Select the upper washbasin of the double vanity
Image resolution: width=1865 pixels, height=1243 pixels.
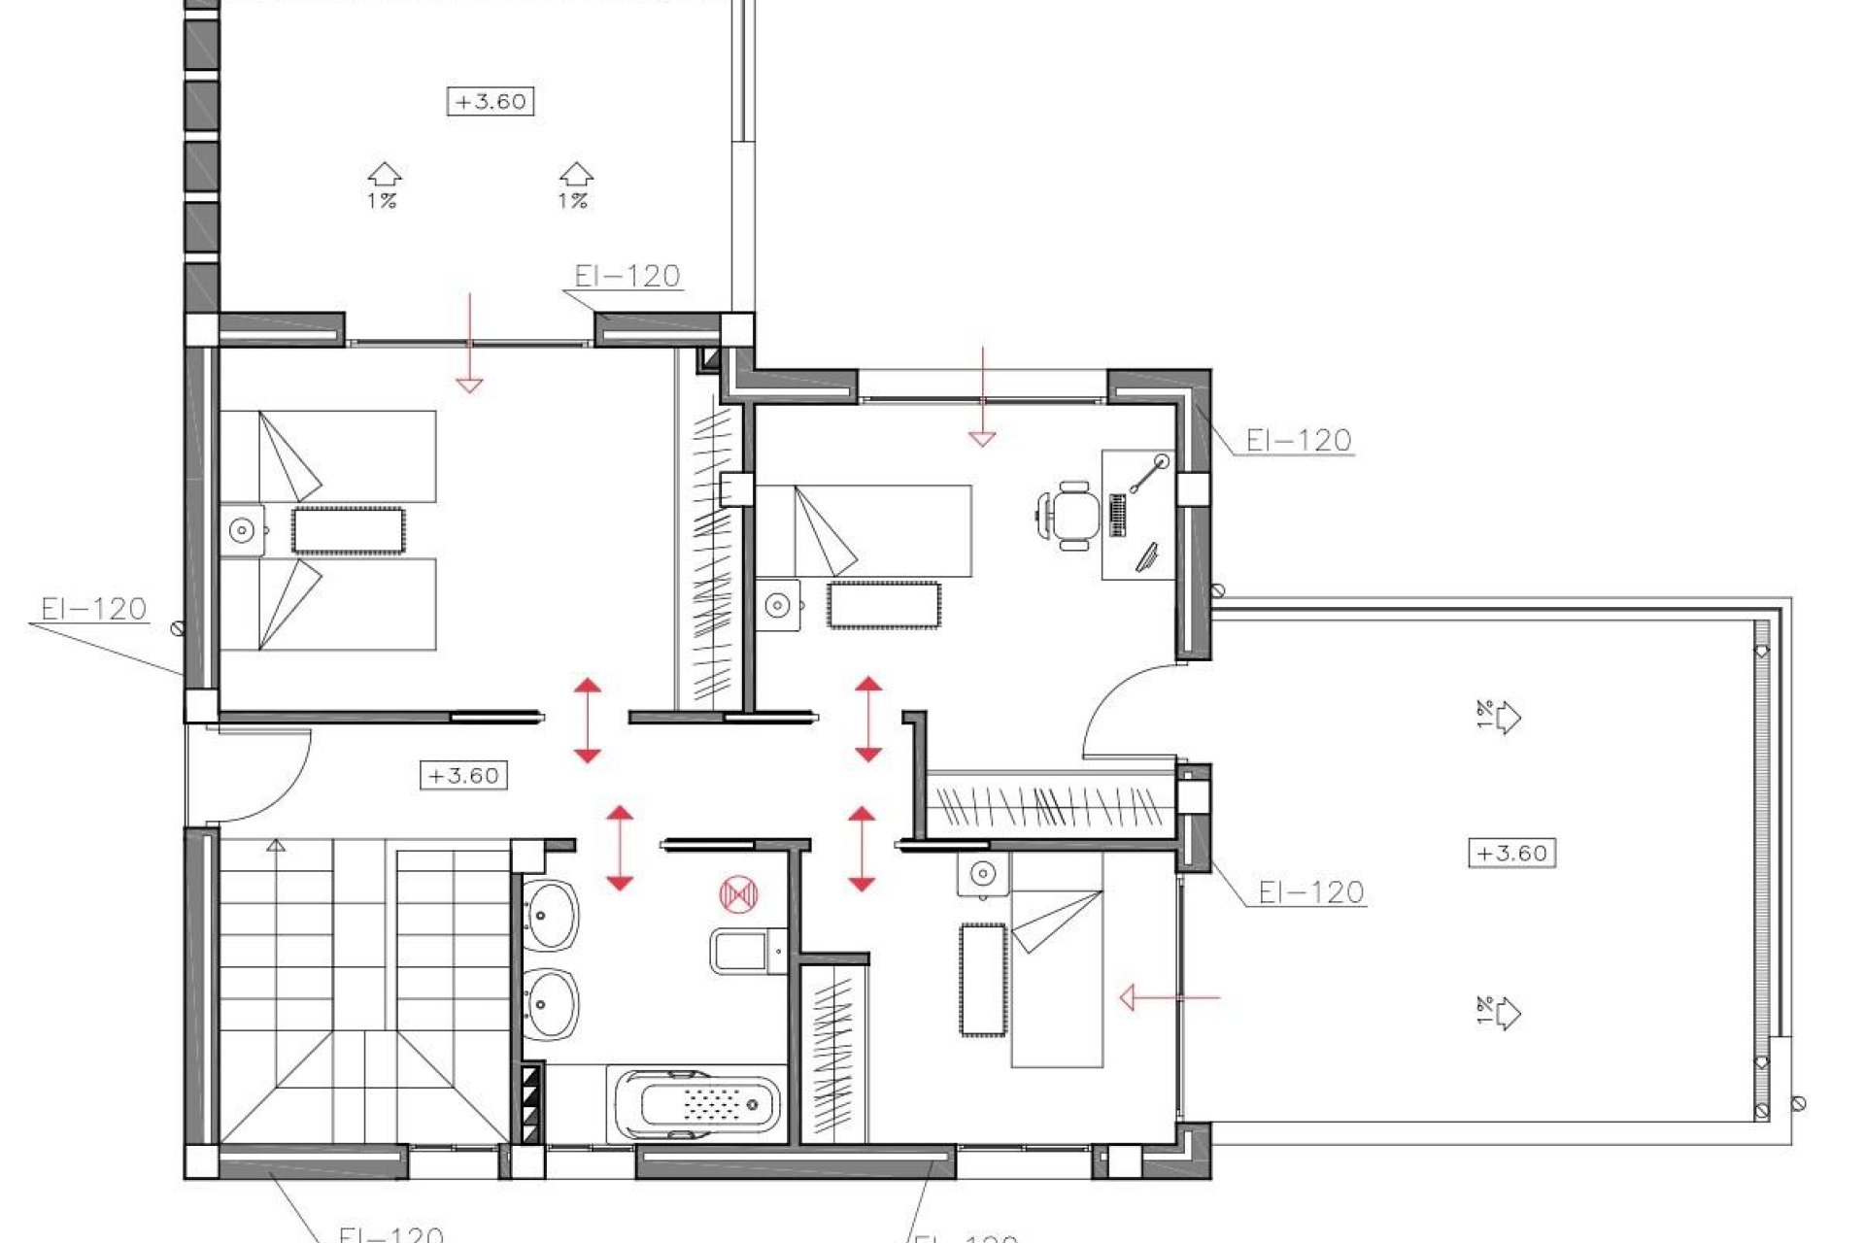[551, 915]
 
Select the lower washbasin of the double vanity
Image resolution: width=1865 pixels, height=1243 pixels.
[551, 1004]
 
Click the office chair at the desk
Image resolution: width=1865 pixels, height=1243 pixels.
[1070, 515]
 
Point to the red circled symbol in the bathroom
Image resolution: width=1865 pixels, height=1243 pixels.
[738, 894]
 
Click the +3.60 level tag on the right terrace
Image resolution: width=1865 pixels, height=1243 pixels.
[1511, 854]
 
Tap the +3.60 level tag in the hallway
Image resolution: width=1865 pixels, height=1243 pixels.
[463, 776]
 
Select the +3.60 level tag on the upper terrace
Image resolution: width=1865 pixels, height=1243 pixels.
[491, 101]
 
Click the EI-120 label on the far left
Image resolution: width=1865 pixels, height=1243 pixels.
[93, 610]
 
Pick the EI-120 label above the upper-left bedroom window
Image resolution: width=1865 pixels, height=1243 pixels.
[627, 277]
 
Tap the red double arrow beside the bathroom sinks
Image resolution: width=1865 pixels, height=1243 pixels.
[620, 847]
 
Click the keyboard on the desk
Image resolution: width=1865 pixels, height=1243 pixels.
[1117, 515]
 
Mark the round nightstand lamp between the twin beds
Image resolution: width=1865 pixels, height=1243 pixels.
[242, 530]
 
